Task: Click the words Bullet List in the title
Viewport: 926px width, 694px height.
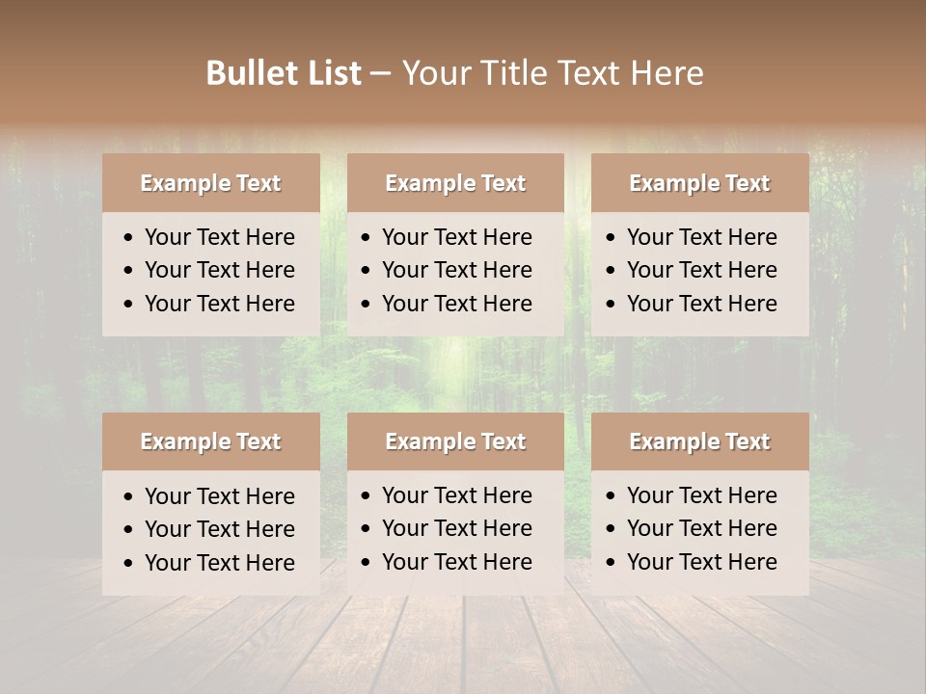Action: pyautogui.click(x=284, y=72)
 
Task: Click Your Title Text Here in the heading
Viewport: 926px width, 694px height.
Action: pyautogui.click(x=552, y=72)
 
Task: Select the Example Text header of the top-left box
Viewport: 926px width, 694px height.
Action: pyautogui.click(x=210, y=183)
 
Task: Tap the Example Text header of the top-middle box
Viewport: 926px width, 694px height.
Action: pyautogui.click(x=455, y=183)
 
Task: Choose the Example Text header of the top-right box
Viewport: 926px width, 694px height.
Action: pyautogui.click(x=699, y=183)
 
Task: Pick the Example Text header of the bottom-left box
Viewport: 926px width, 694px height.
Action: pyautogui.click(x=210, y=441)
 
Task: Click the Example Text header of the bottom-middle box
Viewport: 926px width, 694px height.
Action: pyautogui.click(x=455, y=441)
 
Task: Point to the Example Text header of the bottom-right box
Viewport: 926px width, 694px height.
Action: pyautogui.click(x=699, y=441)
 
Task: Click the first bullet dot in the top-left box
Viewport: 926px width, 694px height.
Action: pyautogui.click(x=129, y=238)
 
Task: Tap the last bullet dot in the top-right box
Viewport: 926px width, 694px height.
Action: pyautogui.click(x=611, y=305)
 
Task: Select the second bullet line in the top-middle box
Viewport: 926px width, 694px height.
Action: pyautogui.click(x=457, y=270)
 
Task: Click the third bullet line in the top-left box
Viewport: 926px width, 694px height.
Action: pyautogui.click(x=220, y=304)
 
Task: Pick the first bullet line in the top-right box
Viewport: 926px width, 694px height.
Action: pyautogui.click(x=702, y=237)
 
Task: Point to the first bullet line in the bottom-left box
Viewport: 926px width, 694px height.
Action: pyautogui.click(x=220, y=496)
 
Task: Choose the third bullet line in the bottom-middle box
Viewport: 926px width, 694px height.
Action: pyautogui.click(x=457, y=562)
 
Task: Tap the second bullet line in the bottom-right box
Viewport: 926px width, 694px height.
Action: pyautogui.click(x=702, y=528)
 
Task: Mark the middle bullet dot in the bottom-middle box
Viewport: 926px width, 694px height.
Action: pyautogui.click(x=367, y=529)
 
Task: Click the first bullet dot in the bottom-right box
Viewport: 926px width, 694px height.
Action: pyautogui.click(x=611, y=496)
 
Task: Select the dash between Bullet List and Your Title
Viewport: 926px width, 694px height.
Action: pyautogui.click(x=380, y=74)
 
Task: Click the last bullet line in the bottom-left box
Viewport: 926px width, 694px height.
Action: pyautogui.click(x=220, y=563)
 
